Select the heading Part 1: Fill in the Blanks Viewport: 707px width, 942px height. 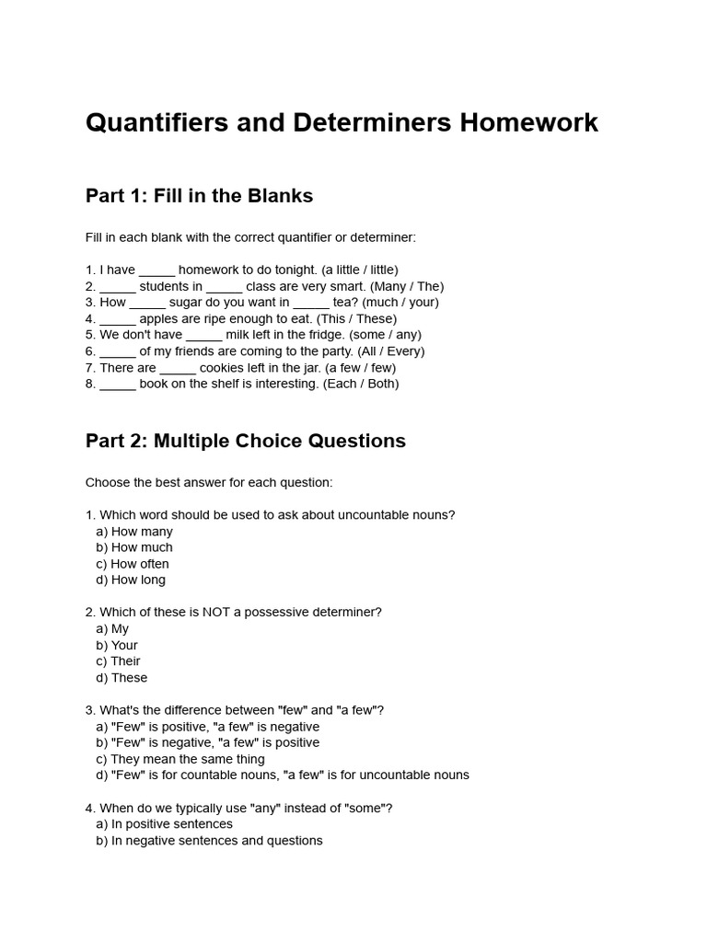(x=199, y=196)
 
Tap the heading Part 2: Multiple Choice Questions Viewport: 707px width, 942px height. (x=245, y=441)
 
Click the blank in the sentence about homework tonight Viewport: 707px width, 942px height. (x=156, y=270)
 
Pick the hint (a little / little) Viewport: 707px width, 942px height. (x=360, y=270)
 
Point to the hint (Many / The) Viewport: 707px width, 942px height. (x=405, y=286)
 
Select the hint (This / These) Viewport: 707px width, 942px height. (x=356, y=318)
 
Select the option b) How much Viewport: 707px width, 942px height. (x=134, y=547)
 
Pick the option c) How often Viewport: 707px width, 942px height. (x=133, y=564)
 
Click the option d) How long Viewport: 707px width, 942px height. (x=131, y=580)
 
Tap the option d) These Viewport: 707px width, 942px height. (x=122, y=678)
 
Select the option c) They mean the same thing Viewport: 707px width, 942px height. (x=180, y=759)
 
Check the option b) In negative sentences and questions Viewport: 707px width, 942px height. (x=209, y=841)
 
